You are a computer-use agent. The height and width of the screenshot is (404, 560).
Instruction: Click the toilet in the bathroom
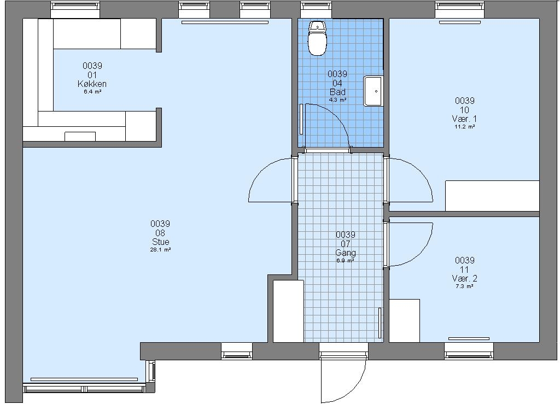pyautogui.click(x=317, y=38)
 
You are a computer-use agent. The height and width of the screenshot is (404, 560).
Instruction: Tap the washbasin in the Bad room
pyautogui.click(x=373, y=91)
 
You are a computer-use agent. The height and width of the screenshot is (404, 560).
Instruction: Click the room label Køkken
pyautogui.click(x=92, y=84)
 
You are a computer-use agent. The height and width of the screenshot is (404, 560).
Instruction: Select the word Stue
pyautogui.click(x=160, y=242)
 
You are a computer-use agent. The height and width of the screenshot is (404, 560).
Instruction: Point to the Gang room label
pyautogui.click(x=346, y=253)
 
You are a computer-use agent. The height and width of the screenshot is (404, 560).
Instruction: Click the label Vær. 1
pyautogui.click(x=464, y=119)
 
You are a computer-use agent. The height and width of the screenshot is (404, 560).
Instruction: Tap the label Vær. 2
pyautogui.click(x=464, y=278)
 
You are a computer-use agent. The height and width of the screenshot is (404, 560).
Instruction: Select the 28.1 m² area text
pyautogui.click(x=160, y=250)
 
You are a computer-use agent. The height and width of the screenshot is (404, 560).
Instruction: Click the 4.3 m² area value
pyautogui.click(x=337, y=100)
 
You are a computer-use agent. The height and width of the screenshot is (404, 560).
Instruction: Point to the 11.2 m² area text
pyautogui.click(x=464, y=127)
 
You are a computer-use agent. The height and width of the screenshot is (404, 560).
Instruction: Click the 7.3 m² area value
pyautogui.click(x=464, y=286)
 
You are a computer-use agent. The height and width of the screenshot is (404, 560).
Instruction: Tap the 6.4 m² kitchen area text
pyautogui.click(x=92, y=92)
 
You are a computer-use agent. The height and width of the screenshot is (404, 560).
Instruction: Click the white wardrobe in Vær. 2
pyautogui.click(x=404, y=320)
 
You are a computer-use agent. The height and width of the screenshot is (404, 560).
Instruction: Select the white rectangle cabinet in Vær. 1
pyautogui.click(x=492, y=196)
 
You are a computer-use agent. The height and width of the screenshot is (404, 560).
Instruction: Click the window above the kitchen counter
pyautogui.click(x=75, y=9)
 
